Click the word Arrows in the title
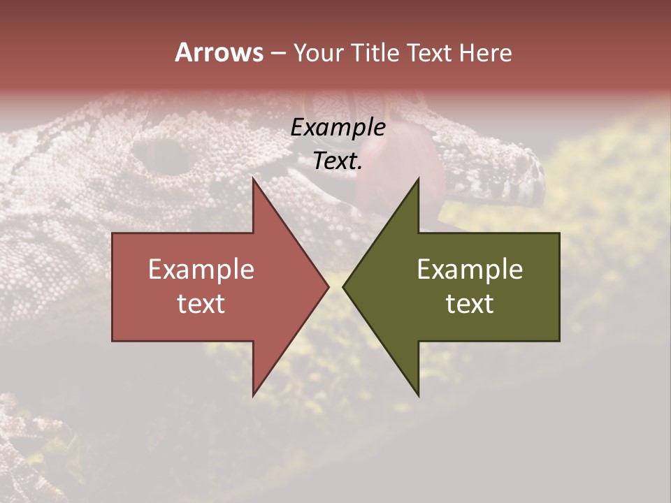coord(219,52)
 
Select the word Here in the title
coord(486,53)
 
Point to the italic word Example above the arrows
coord(338,128)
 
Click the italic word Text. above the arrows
coord(338,161)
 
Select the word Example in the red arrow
coord(201,270)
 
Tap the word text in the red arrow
coord(201,304)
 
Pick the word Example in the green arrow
coord(470,270)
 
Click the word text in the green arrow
coord(470,304)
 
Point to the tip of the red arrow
coord(327,286)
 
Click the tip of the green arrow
coord(345,286)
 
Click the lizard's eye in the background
coord(162,156)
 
